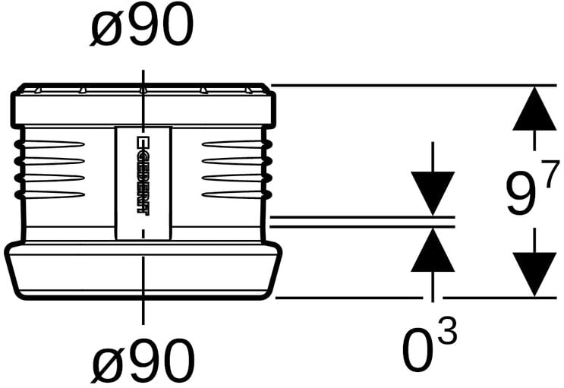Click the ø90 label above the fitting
pos(141,25)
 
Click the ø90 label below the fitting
pos(143,361)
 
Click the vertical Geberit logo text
pos(143,175)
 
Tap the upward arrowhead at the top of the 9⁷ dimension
pos(534,108)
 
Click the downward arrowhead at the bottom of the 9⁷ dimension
pos(534,275)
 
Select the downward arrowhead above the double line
pos(433,194)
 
